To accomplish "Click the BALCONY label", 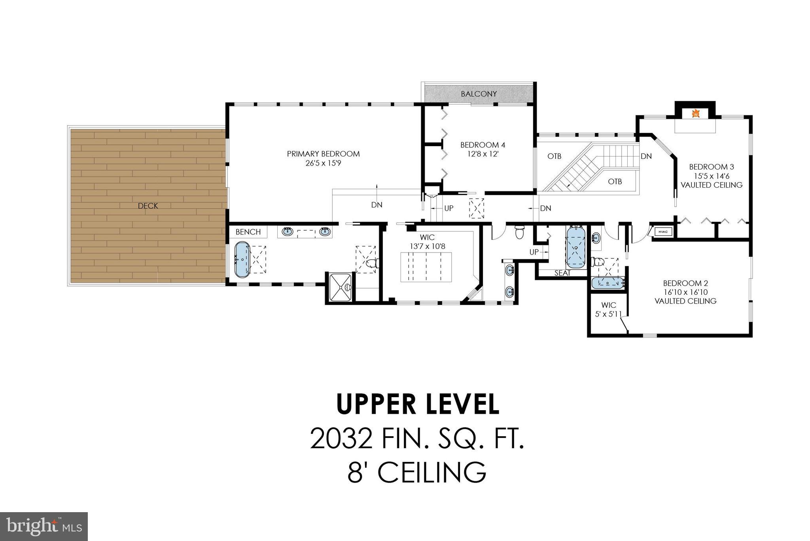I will coord(479,94).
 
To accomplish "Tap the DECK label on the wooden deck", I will coord(148,206).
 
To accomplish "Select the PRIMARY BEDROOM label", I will coord(323,154).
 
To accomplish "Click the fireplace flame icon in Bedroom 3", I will coord(696,114).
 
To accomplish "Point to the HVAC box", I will coord(663,232).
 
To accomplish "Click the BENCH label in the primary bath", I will coord(248,232).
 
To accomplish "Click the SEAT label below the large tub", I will coord(562,273).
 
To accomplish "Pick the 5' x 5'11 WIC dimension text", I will coord(608,314).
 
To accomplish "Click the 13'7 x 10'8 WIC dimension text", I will coord(427,246).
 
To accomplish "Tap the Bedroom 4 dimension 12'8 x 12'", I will coord(483,154).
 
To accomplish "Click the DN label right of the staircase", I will coord(646,156).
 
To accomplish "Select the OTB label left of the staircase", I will coord(554,156).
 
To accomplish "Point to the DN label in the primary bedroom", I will coord(377,205).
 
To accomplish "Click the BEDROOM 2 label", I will coord(685,283).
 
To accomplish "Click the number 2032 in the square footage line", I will coord(341,439).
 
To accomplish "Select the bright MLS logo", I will coord(44,526).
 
